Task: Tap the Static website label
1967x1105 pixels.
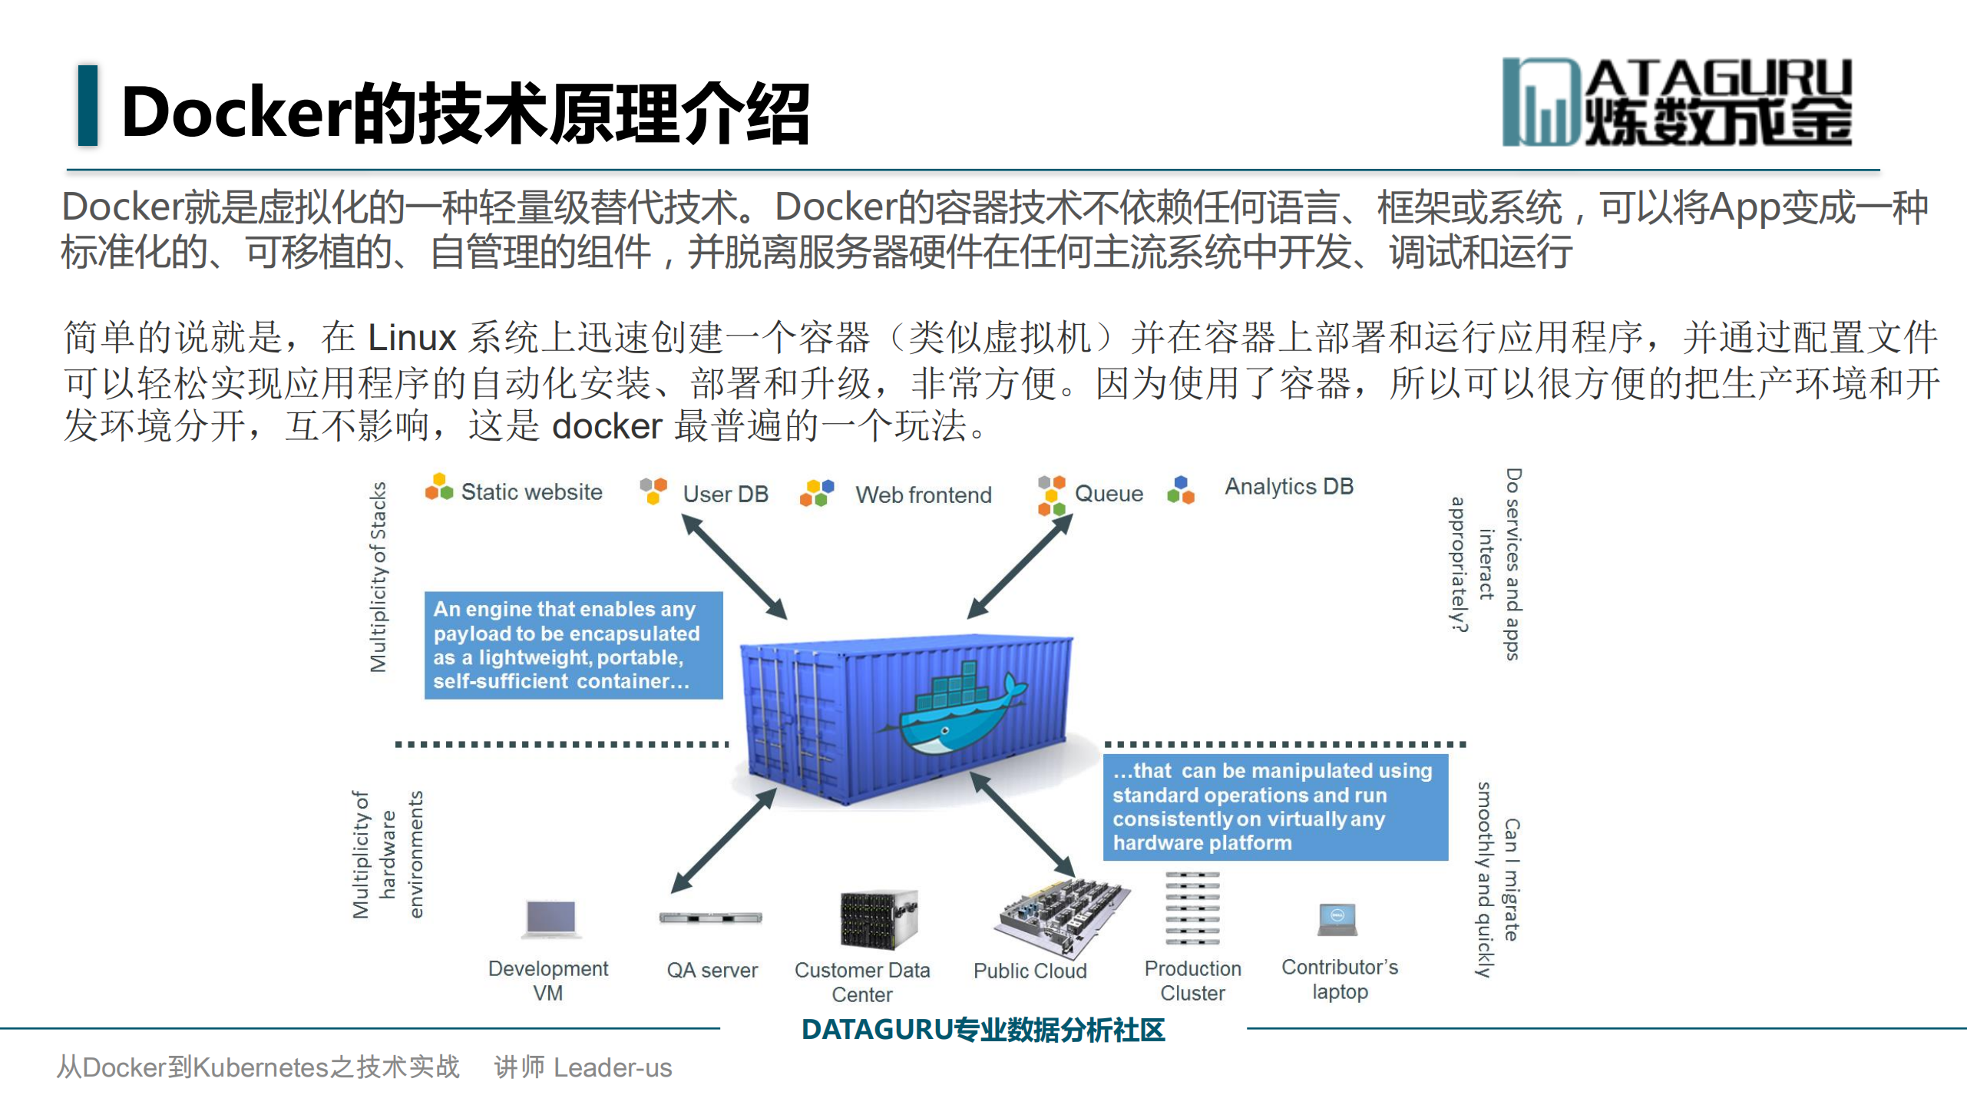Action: [x=531, y=492]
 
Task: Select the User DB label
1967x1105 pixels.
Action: [x=725, y=494]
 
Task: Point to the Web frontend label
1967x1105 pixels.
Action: [x=923, y=495]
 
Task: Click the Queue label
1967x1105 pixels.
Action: [x=1108, y=494]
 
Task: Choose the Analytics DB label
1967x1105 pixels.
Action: [x=1288, y=487]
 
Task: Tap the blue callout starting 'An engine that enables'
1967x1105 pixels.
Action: [x=573, y=645]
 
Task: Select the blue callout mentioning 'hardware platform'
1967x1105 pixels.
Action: [x=1274, y=806]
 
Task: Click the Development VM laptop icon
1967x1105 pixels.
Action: [x=550, y=918]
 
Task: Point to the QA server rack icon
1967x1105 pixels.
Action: [x=710, y=918]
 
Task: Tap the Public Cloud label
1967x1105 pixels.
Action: [x=1030, y=971]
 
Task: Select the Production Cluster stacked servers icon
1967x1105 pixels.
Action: [x=1192, y=908]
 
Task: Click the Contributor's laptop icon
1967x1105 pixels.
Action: [x=1337, y=919]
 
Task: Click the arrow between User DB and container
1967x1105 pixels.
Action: [x=734, y=567]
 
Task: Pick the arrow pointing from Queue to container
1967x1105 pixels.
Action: [x=1020, y=567]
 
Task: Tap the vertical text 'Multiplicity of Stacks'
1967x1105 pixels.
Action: [x=378, y=577]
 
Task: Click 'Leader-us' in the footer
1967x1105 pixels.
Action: [x=612, y=1067]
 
